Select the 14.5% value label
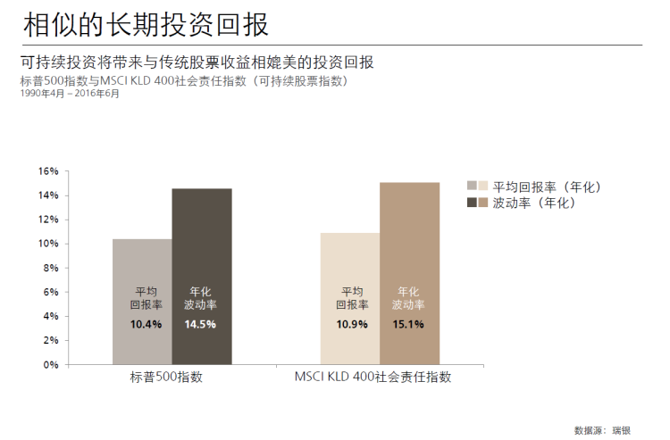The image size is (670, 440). pos(200,324)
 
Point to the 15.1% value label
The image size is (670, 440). pos(408,324)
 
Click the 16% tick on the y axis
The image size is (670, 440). pos(49,171)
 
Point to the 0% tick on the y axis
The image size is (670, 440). pos(52,364)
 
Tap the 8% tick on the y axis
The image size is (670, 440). pos(52,268)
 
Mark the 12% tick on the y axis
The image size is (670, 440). pos(49,220)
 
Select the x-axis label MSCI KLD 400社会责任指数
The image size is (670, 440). pos(373,377)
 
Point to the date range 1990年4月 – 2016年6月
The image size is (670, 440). pos(70,94)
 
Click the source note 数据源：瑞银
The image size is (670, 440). pos(603,429)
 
